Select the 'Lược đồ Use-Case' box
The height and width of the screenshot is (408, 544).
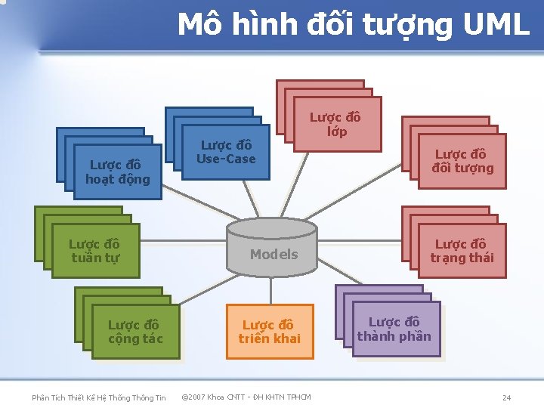(226, 152)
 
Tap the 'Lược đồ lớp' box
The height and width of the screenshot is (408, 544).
(336, 124)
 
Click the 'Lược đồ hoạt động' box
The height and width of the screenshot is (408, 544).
(118, 172)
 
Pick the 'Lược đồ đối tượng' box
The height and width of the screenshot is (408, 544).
(462, 161)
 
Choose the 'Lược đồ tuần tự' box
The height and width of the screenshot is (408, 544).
(95, 251)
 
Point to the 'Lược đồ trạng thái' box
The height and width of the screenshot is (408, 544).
(462, 251)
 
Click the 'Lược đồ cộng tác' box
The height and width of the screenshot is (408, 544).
(135, 332)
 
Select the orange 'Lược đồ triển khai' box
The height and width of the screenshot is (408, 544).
(269, 332)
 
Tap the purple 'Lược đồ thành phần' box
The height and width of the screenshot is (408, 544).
(394, 329)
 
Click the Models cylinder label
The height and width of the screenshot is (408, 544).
(274, 254)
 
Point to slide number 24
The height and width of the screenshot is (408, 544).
(507, 397)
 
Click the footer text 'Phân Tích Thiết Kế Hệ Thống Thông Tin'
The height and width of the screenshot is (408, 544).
(98, 397)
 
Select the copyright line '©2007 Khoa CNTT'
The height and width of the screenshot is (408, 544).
(246, 397)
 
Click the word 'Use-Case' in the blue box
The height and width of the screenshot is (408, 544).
(226, 159)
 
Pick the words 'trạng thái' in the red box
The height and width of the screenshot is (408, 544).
(462, 258)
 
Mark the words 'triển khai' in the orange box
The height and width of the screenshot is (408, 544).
(269, 338)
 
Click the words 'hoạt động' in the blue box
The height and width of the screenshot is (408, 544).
(118, 179)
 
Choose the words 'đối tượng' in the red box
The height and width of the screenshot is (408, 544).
(462, 168)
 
